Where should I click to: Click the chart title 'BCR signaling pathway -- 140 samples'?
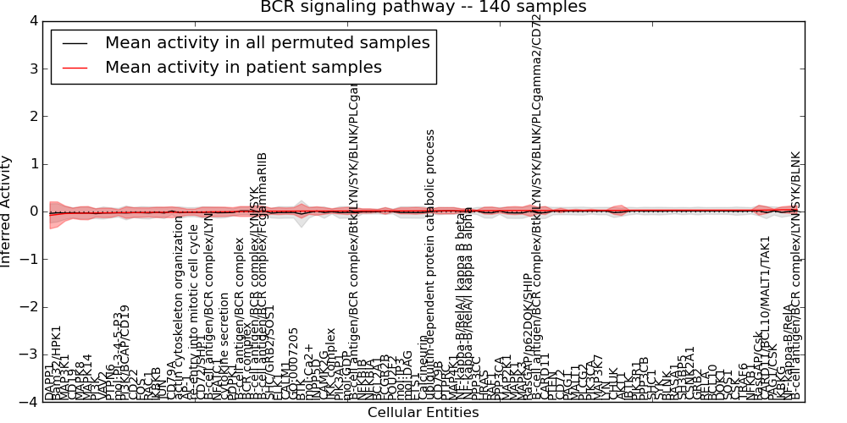tap(423, 8)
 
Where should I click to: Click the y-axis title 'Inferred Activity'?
tap(7, 211)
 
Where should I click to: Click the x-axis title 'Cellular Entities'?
tap(423, 413)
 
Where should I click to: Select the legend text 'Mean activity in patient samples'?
tap(243, 67)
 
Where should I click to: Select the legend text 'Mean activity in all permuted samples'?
tap(267, 42)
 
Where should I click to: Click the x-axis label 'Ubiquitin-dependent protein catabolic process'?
tap(430, 265)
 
